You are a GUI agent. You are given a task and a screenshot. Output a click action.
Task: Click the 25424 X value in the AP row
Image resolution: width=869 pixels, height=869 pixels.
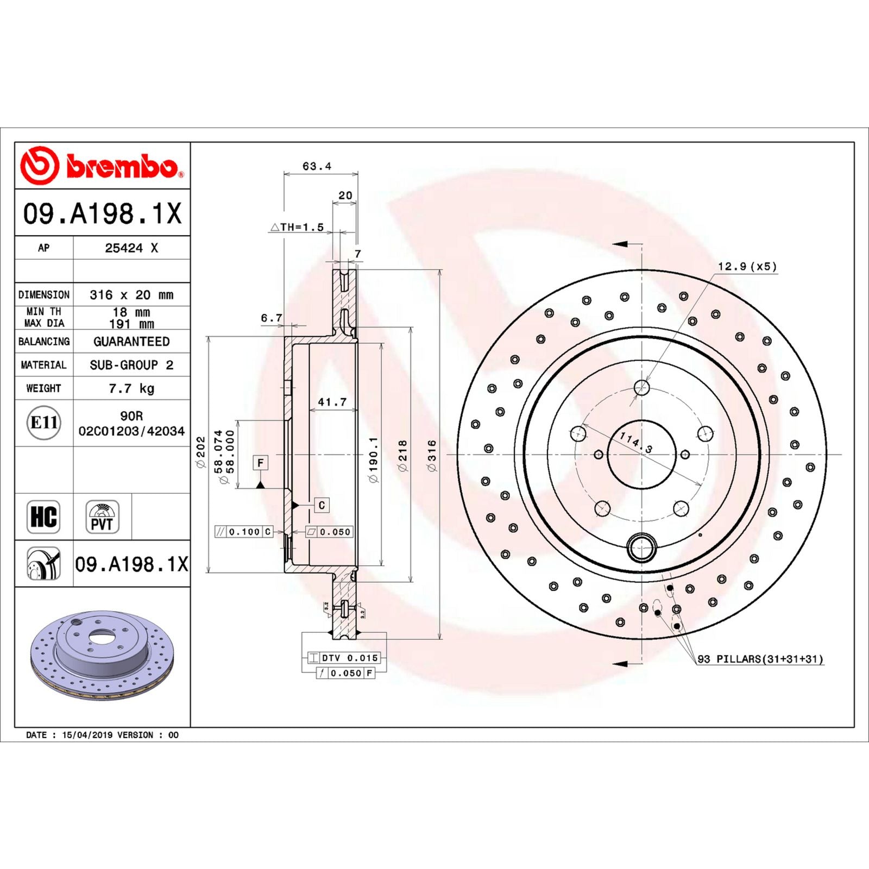(x=131, y=248)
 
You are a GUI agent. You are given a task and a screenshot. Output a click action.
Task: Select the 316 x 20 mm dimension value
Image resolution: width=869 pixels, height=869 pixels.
(x=131, y=295)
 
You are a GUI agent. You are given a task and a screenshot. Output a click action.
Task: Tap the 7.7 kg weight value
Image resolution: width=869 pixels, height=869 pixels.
(x=131, y=388)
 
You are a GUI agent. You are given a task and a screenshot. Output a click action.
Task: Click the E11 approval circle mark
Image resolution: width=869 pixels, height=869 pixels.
(x=43, y=423)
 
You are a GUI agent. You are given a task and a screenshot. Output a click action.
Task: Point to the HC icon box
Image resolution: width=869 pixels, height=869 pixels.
(x=43, y=517)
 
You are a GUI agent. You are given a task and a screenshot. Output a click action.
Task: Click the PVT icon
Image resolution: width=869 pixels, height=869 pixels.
(x=102, y=517)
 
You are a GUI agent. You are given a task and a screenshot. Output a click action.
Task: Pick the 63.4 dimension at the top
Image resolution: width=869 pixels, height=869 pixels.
(x=317, y=166)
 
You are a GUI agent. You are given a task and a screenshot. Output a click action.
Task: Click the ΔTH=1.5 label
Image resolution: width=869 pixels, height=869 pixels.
(x=297, y=227)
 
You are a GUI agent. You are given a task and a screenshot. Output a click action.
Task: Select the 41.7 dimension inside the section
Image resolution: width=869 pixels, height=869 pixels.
(x=332, y=402)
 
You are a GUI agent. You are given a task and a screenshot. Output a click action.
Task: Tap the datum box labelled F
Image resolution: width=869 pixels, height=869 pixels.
(x=261, y=463)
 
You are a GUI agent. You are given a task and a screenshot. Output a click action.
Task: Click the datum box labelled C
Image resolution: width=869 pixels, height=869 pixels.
(x=322, y=505)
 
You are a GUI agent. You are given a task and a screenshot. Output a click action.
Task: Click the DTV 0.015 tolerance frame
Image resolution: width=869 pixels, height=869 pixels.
(x=344, y=658)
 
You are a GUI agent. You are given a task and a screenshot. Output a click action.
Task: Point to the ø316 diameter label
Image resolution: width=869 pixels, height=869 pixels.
(x=432, y=455)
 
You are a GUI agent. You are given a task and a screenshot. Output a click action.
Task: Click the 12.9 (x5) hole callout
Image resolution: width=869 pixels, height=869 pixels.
(x=747, y=267)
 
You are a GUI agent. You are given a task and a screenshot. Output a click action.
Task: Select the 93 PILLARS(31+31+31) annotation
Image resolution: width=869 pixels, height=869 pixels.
(x=760, y=659)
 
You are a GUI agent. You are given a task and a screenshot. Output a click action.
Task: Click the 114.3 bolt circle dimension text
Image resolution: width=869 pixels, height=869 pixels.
(x=636, y=443)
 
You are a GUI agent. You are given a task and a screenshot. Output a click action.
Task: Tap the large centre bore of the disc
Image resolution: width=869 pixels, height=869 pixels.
(x=641, y=455)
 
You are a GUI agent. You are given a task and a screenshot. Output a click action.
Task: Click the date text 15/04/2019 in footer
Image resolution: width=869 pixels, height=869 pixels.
(x=87, y=735)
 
